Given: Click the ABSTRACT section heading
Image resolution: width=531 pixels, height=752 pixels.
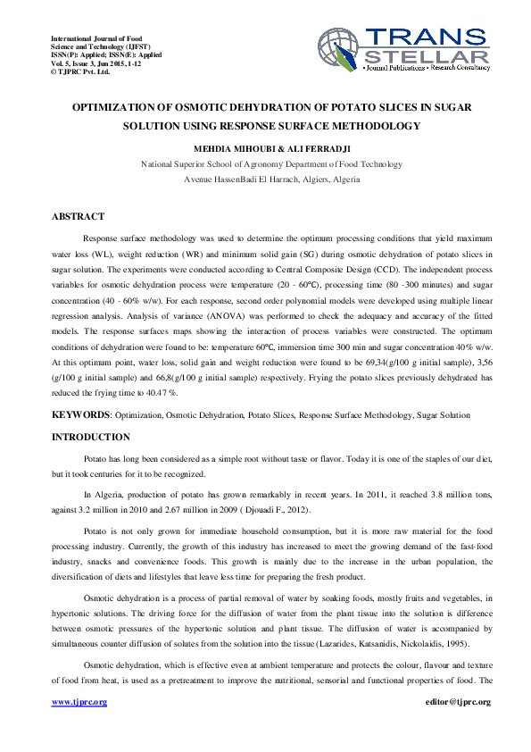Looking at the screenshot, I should click(x=78, y=217).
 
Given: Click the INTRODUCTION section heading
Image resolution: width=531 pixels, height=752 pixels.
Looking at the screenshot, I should click(x=90, y=438).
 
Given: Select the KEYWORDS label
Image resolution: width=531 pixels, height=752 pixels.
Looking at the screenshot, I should click(x=80, y=416).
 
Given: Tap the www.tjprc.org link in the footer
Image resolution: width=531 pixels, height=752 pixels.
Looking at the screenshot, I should click(x=79, y=702).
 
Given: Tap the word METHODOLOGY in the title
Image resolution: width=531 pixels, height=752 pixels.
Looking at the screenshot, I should click(x=372, y=126).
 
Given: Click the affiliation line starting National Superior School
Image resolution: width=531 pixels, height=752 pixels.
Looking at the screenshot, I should click(x=259, y=164).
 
